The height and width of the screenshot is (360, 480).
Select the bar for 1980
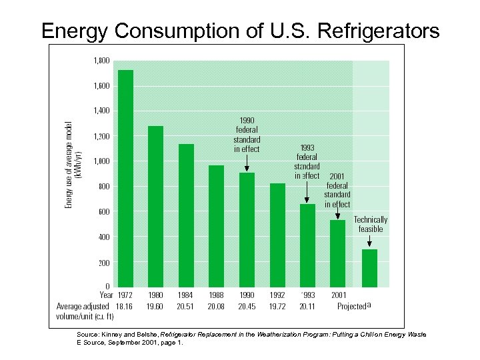[x=155, y=207]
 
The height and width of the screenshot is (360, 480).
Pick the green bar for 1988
[x=216, y=227]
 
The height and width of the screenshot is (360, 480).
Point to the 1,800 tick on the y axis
[x=101, y=60]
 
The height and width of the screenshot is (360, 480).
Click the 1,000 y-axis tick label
[x=101, y=161]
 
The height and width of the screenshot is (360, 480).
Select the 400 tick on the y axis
[x=103, y=237]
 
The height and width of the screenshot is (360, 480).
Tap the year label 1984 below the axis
[x=186, y=295]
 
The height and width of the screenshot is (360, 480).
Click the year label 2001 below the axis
[x=338, y=295]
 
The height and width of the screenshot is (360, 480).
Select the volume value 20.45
[x=247, y=306]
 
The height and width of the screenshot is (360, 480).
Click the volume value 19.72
[x=277, y=306]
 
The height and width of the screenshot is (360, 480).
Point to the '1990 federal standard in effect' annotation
[x=247, y=135]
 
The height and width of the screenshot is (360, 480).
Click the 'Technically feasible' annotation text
[x=370, y=224]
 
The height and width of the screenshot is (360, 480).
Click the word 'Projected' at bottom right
[x=351, y=307]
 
